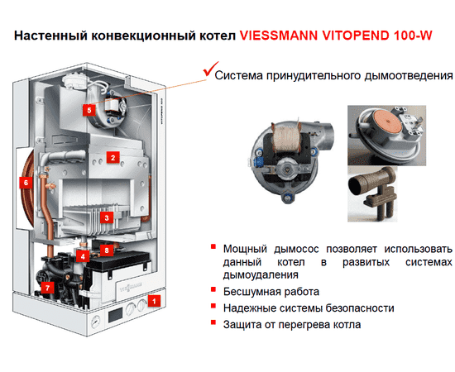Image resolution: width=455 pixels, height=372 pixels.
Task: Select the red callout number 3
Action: coord(106,217)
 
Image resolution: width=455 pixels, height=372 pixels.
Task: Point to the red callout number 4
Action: coord(83,257)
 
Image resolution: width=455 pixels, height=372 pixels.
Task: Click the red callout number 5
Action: coord(89,109)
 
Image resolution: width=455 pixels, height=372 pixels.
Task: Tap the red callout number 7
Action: coord(47,288)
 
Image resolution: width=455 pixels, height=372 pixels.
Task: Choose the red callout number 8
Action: coord(105,248)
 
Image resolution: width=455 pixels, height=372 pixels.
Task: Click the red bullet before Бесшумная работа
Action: coord(213,291)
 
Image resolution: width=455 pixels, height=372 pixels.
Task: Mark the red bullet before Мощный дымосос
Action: coord(213,246)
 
